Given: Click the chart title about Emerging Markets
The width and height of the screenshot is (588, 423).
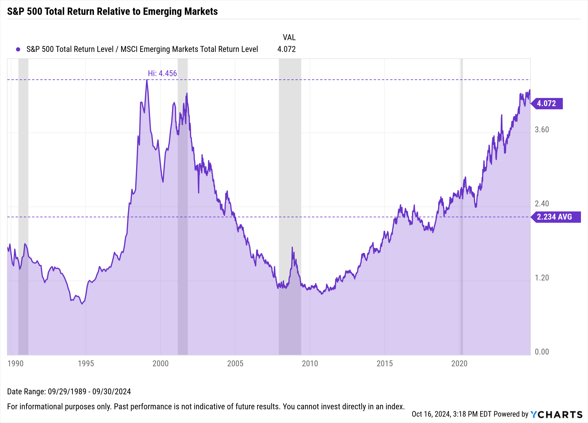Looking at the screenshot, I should (x=112, y=11).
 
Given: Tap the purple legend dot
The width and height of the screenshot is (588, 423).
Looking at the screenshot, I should (x=18, y=49).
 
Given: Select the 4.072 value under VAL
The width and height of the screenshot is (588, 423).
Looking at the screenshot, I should (x=286, y=49).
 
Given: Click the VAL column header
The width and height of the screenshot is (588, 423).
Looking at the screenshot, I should (x=289, y=37).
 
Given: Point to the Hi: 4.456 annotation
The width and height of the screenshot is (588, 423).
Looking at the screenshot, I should (x=162, y=73).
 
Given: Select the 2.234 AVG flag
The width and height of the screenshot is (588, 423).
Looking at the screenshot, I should (x=555, y=217).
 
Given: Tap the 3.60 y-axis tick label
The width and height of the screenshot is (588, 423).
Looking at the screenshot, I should (x=542, y=130).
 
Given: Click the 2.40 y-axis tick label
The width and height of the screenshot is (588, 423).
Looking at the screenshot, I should (x=542, y=204).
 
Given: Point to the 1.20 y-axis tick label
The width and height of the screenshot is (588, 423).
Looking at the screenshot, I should (x=542, y=278).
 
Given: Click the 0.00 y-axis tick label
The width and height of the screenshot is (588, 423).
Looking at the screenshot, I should (x=542, y=352).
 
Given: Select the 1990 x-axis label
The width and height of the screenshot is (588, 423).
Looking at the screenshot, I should (x=16, y=364).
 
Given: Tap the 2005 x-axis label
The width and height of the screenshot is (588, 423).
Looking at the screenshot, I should (x=235, y=364).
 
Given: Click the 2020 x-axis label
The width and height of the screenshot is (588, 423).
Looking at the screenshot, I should (x=459, y=364).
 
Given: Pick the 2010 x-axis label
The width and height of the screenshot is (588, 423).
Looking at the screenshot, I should (x=310, y=364).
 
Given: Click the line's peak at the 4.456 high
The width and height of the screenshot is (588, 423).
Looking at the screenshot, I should (x=147, y=80).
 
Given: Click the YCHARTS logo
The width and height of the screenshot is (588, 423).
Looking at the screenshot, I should (x=556, y=414).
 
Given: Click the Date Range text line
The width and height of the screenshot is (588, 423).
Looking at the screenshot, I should (x=69, y=392).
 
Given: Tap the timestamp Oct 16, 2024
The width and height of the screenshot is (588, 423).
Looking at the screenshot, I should (x=431, y=414).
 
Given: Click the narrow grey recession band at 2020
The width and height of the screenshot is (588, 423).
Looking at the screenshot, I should (x=462, y=206).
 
